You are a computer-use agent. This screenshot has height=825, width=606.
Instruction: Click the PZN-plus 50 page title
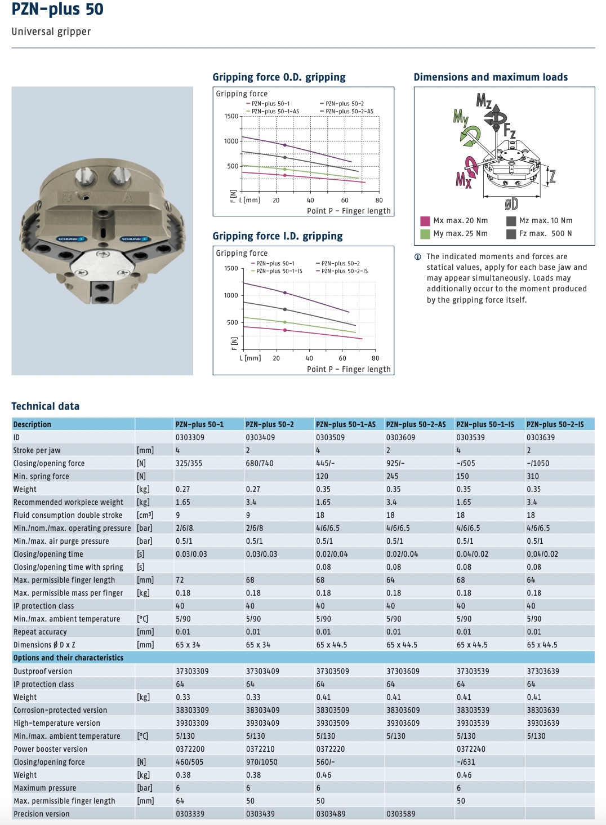point(57,9)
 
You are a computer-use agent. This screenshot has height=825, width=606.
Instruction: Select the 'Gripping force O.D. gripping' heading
point(279,77)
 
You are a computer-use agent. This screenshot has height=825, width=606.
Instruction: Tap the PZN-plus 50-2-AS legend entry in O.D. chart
point(347,111)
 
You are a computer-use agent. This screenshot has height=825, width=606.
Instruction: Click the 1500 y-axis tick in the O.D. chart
point(231,117)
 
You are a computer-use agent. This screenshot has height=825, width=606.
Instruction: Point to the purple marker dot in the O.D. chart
point(284,145)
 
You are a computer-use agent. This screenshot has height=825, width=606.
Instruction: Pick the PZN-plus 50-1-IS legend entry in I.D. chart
point(277,271)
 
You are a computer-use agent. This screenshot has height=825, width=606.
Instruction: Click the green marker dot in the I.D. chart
point(284,322)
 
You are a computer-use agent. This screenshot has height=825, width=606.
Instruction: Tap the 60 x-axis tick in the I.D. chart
point(342,358)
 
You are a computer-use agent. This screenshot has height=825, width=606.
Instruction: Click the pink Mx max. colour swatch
point(425,221)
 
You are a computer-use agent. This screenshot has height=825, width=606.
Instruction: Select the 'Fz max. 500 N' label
point(545,233)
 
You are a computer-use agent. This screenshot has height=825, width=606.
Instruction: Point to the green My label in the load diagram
point(461,117)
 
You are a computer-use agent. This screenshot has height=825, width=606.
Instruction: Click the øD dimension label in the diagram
point(511,203)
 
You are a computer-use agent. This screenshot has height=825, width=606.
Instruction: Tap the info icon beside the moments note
point(417,257)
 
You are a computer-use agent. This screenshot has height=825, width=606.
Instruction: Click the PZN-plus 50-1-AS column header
point(346,424)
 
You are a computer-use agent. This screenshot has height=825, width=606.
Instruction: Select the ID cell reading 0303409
point(260,437)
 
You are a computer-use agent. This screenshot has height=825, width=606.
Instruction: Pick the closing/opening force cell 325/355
point(189,463)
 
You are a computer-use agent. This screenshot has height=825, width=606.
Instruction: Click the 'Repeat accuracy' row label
point(40,632)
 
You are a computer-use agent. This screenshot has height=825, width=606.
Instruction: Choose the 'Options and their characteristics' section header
point(68,658)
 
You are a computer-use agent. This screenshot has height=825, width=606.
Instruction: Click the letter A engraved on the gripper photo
point(127,198)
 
